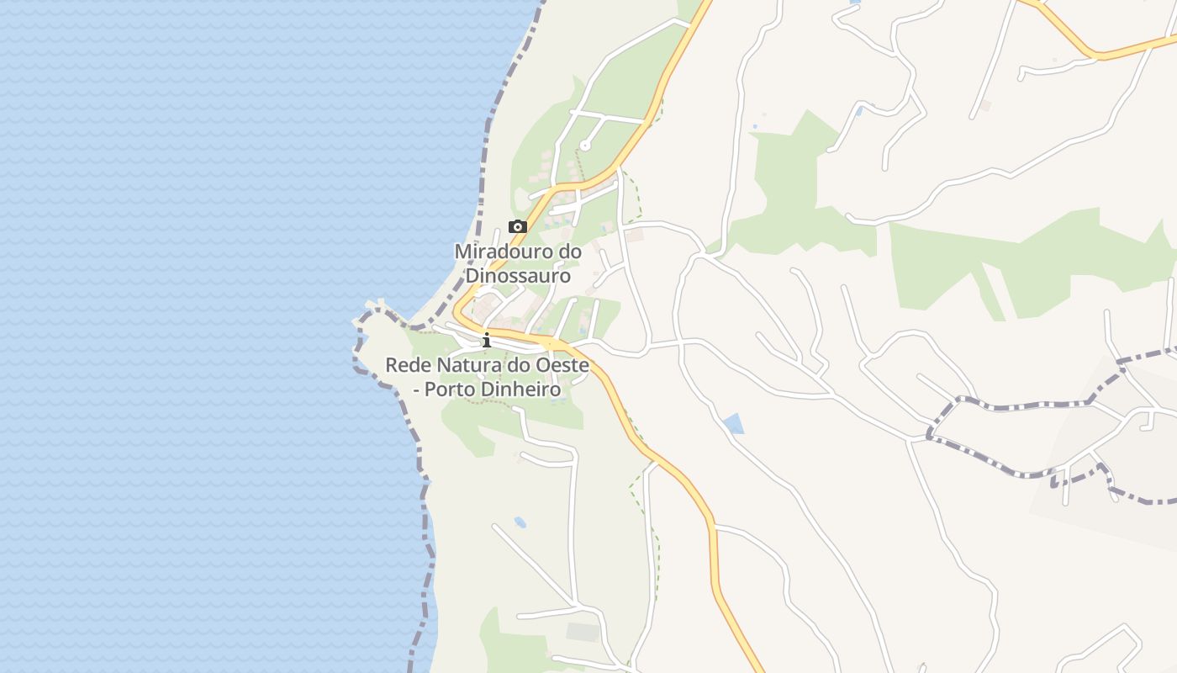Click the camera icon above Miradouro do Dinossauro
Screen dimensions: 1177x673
pos(518,226)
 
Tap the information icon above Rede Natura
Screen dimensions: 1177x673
pos(486,340)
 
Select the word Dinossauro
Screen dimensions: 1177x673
pos(518,275)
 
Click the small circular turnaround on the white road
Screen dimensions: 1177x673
pos(585,146)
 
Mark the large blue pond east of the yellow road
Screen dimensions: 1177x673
pos(733,423)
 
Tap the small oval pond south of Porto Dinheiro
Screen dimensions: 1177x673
pos(520,522)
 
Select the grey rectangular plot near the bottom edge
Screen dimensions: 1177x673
pos(583,632)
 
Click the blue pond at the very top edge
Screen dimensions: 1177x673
pos(855,3)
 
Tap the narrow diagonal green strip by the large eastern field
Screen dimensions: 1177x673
pos(990,290)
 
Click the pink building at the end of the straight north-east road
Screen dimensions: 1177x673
pos(985,106)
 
